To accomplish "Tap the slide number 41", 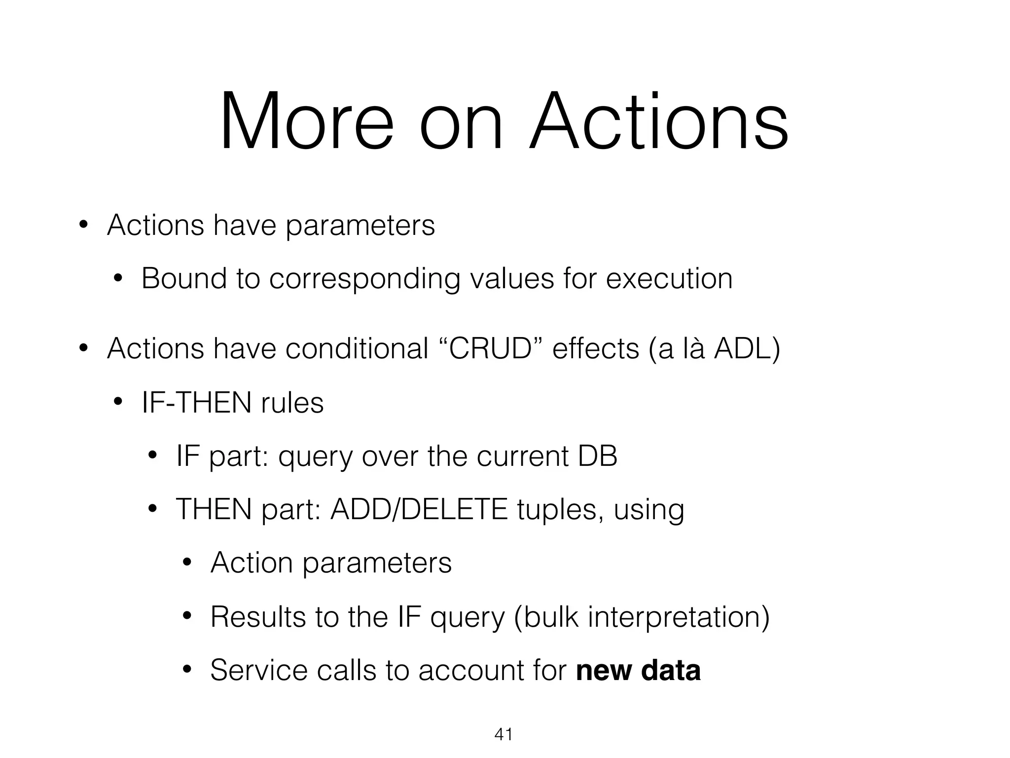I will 503,734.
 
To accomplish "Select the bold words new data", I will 638,670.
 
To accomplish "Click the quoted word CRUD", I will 492,348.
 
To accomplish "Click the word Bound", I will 183,278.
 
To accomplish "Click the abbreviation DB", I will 597,456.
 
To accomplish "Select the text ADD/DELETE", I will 419,509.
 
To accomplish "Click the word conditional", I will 357,348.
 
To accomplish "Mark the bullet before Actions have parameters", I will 83,226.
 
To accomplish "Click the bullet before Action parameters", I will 186,563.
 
